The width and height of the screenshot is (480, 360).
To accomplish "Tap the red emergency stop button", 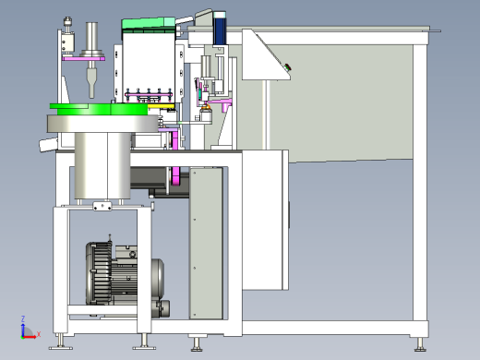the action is coord(288,66).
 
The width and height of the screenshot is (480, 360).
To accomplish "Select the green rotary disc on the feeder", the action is coord(99,109).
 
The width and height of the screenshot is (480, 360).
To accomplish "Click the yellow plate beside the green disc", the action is coord(162,106).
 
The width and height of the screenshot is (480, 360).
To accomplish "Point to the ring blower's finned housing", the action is coord(99,273).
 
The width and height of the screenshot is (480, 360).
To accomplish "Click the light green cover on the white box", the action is coord(149,23).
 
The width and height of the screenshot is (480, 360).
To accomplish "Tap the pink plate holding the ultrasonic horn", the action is coord(84,58).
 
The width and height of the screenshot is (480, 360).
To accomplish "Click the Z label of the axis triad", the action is coord(23,318).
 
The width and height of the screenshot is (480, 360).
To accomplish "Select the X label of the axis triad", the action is coord(39,334).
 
